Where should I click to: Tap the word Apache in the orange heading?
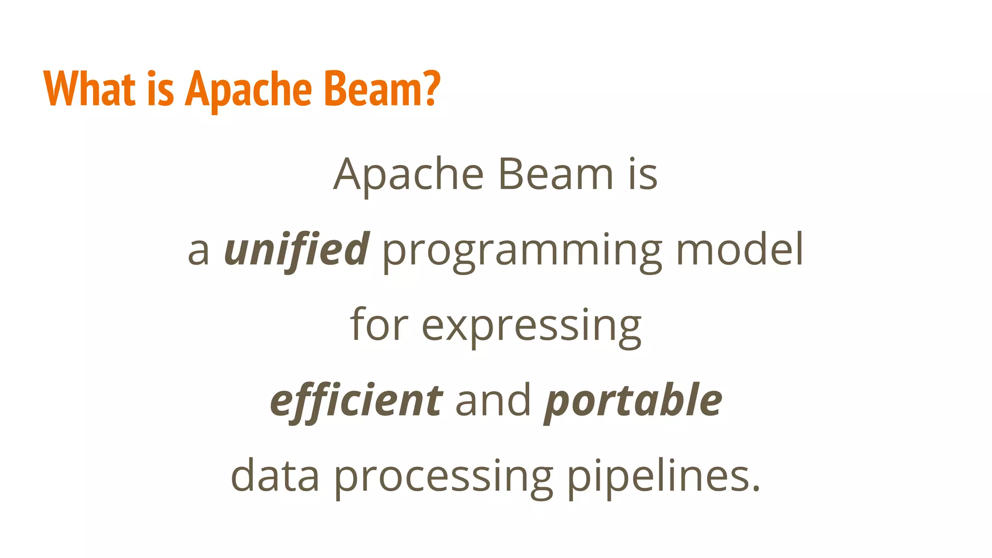point(248,90)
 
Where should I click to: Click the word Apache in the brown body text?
point(408,174)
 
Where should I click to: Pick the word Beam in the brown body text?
point(556,174)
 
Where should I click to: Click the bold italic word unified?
point(296,249)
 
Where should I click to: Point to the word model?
point(740,249)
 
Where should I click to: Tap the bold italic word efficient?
point(356,401)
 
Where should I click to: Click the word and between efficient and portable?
point(493,401)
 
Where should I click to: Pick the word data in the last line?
point(275,476)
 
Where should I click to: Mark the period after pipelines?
point(756,489)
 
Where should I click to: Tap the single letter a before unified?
point(198,252)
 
